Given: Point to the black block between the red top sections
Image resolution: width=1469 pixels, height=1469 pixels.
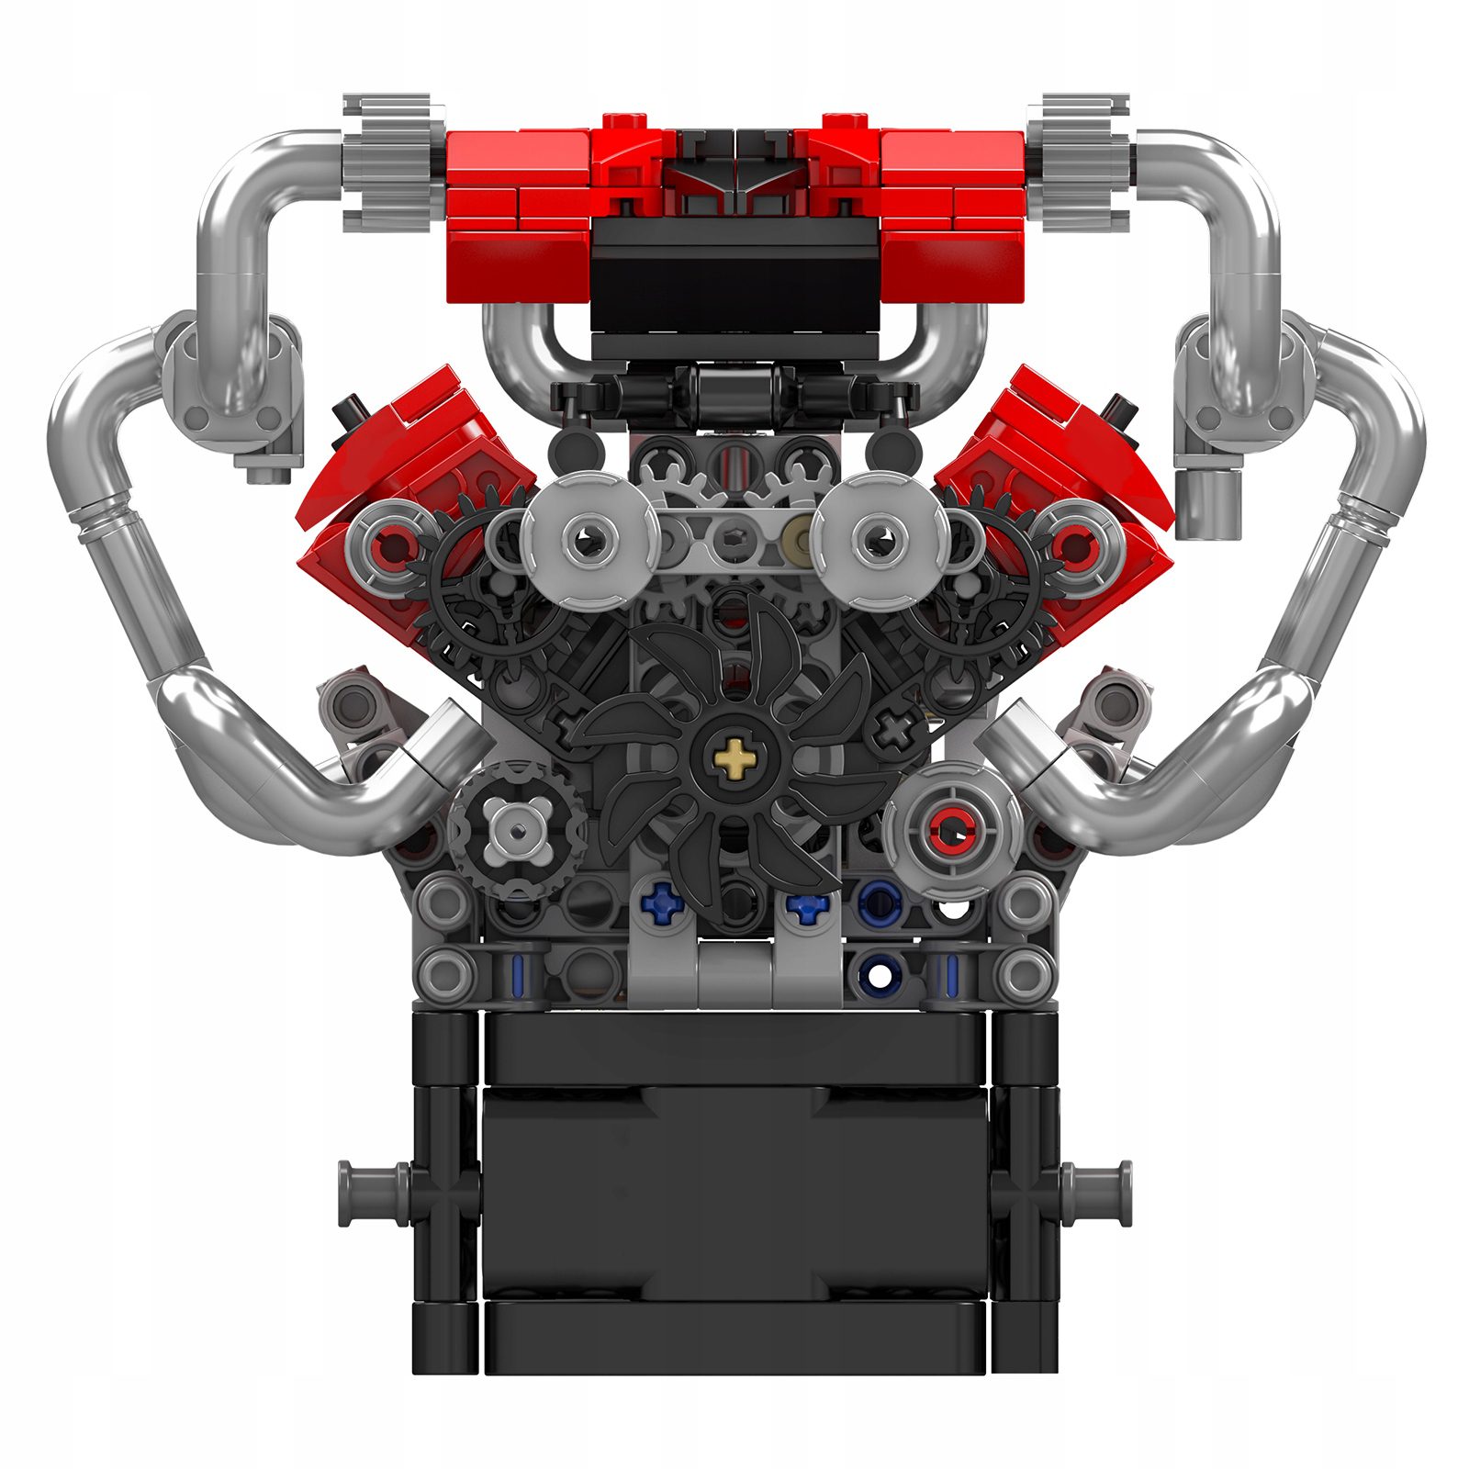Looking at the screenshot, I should coord(734,275).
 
